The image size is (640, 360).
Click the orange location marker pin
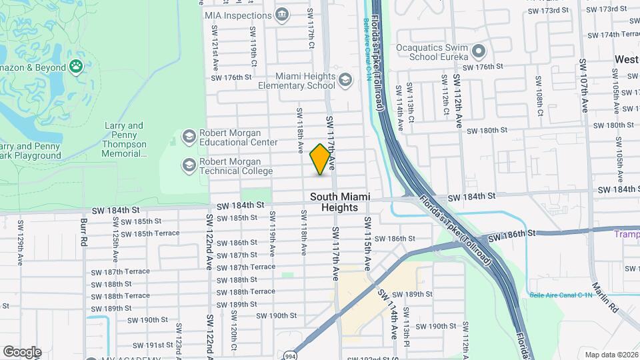coord(320,159)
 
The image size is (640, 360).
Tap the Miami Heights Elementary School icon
coord(345,81)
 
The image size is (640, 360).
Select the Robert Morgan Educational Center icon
coord(189,137)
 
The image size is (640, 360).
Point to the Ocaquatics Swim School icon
coord(478,51)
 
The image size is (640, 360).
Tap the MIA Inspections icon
coord(281,14)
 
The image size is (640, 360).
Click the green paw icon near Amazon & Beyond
coord(77,67)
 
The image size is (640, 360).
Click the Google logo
coord(21,351)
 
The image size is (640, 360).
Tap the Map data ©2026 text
coord(611,354)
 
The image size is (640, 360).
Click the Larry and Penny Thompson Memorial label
coord(124,139)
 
